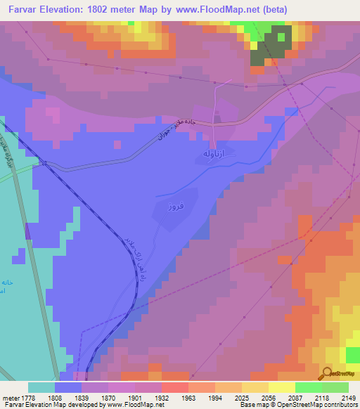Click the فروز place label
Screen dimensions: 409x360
coord(175,208)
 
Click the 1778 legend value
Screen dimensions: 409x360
coord(27,398)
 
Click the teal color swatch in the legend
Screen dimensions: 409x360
coord(41,387)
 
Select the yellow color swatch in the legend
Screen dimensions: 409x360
coord(281,387)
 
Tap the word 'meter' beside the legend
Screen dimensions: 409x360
coord(10,398)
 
